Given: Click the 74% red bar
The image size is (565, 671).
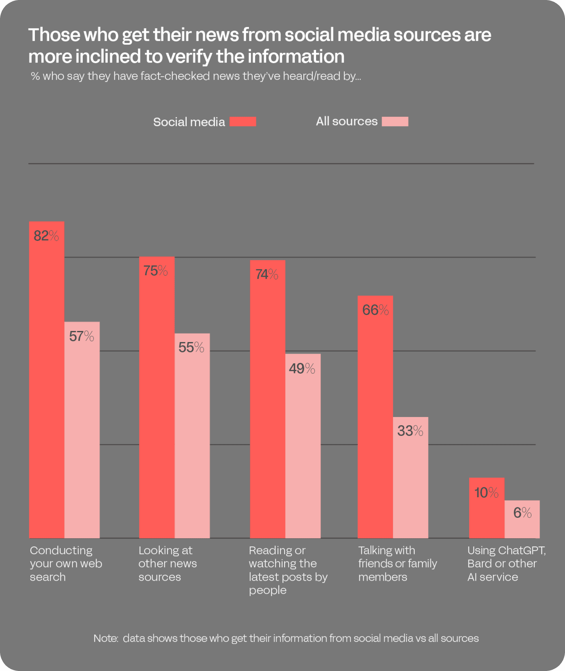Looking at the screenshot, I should coord(268,399).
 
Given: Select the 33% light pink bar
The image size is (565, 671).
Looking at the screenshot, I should coord(410,477).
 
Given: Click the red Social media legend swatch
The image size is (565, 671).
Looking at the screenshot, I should coord(243,122).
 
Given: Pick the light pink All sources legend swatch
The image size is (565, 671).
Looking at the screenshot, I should coord(395,121).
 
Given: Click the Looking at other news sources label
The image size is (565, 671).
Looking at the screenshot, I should coord(167,563).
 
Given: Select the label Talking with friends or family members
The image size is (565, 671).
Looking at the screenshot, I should coord(398,563).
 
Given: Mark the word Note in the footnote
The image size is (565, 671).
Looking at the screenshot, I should coord(105,638).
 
